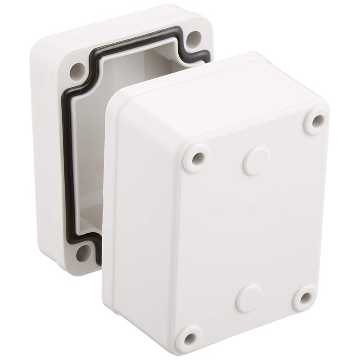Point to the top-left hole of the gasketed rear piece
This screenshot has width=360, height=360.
click(x=77, y=71)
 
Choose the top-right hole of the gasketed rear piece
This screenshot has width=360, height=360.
click(x=194, y=38)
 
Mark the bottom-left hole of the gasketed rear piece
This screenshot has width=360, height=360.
click(x=84, y=254)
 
